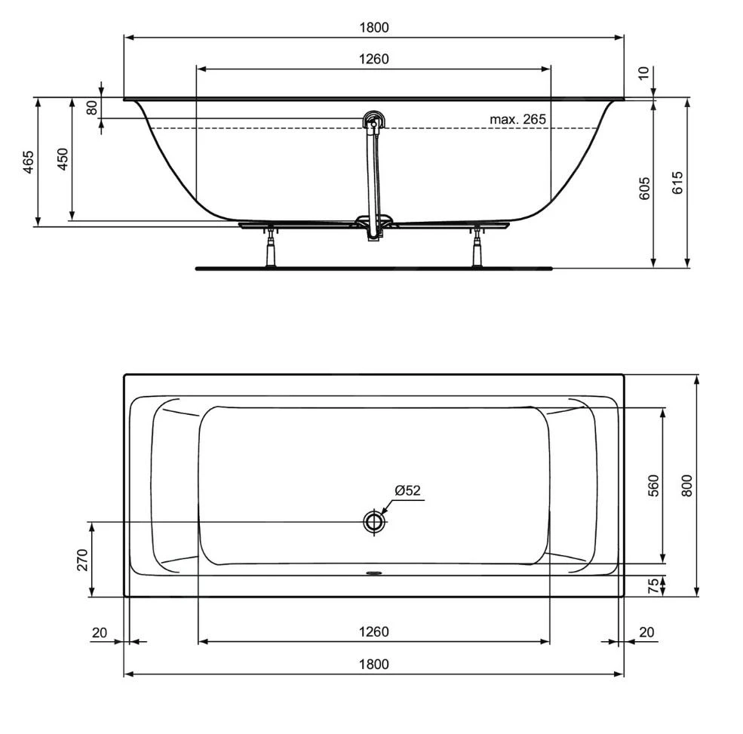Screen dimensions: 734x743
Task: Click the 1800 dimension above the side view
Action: pos(373,28)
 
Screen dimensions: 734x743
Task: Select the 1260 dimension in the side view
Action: pos(373,59)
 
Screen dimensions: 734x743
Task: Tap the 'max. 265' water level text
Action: pos(517,119)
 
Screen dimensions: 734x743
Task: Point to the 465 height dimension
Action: pos(27,163)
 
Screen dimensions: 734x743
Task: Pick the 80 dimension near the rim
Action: pos(91,108)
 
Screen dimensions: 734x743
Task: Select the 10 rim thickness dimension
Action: pos(643,73)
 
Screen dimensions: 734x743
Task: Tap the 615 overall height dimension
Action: pos(677,183)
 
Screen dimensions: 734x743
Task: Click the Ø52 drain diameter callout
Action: pos(407,490)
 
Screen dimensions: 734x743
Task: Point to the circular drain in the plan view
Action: pos(373,522)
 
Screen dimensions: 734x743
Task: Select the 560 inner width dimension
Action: pos(653,486)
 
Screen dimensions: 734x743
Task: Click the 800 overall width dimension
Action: pos(686,485)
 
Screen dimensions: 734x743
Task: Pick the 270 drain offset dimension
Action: pos(82,559)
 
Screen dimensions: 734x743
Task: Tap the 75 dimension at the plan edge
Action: pos(654,585)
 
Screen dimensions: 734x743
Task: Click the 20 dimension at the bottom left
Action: pos(100,632)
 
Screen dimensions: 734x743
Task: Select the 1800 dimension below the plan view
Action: pos(373,664)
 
